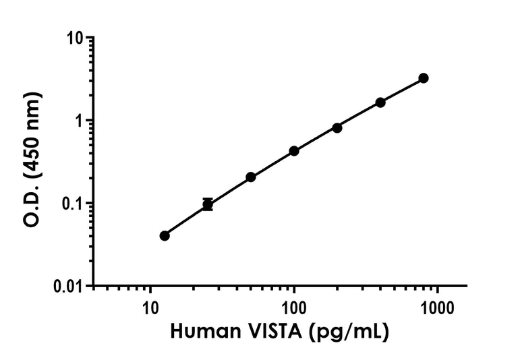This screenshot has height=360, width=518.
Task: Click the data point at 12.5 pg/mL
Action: pyautogui.click(x=165, y=235)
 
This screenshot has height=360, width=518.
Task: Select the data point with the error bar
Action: pyautogui.click(x=208, y=204)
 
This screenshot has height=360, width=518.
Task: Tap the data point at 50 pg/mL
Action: pyautogui.click(x=251, y=177)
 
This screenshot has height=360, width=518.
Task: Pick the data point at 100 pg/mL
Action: pyautogui.click(x=294, y=151)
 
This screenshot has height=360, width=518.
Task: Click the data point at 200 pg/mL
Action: pyautogui.click(x=337, y=127)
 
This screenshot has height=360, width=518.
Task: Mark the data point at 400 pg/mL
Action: pyautogui.click(x=380, y=102)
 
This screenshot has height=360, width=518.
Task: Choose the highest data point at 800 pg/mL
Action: pyautogui.click(x=424, y=78)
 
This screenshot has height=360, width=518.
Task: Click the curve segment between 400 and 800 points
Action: pyautogui.click(x=402, y=90)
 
